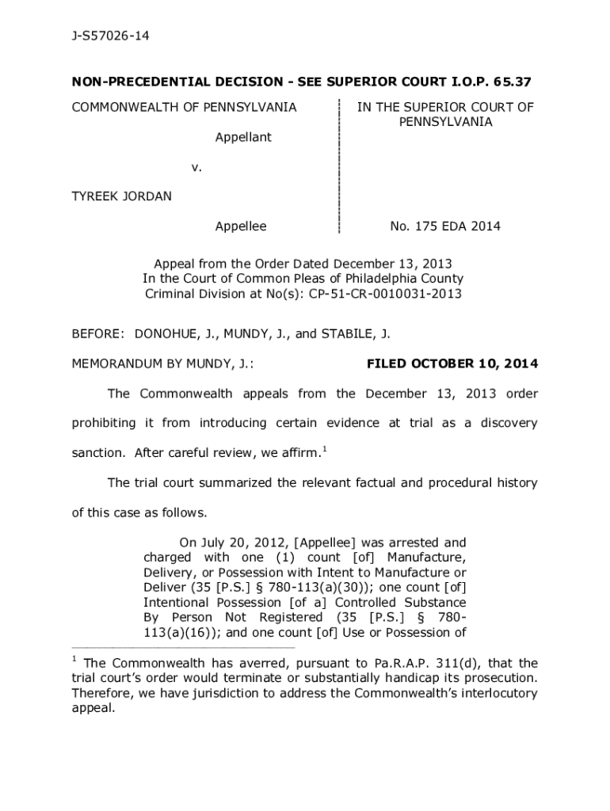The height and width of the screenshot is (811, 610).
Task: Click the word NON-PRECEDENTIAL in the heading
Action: pos(131,82)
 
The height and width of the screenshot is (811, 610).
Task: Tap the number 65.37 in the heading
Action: pos(511,82)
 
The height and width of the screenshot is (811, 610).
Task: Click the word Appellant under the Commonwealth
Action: pos(243,137)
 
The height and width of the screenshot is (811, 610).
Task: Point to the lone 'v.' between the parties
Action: pos(197,167)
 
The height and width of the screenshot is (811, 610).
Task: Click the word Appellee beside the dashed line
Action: pos(241,227)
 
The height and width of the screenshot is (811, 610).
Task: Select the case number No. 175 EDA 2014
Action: pos(445,227)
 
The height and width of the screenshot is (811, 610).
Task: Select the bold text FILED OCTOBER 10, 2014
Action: pos(452,364)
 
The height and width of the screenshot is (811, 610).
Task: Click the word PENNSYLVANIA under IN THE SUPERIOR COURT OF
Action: pos(445,122)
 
